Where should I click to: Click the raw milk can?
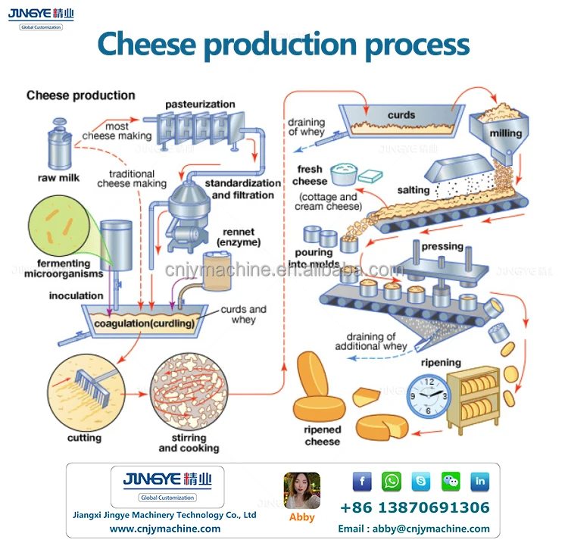(59, 144)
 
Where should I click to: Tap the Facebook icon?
(362, 482)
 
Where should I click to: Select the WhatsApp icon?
(392, 482)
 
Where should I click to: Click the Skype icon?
(421, 482)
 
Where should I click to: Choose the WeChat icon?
(451, 482)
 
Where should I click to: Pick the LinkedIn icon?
(480, 482)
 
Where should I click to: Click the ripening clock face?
(429, 396)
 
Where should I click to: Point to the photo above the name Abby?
(301, 490)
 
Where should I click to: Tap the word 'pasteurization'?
(200, 105)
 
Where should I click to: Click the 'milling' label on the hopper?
(506, 133)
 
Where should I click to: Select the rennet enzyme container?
(217, 272)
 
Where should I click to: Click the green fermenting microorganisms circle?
(58, 226)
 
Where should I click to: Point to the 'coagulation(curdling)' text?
(145, 323)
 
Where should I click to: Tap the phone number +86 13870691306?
(415, 507)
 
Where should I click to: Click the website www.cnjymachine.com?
(165, 529)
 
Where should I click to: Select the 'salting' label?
(414, 190)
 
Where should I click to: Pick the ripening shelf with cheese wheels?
(473, 397)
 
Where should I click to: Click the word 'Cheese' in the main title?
(147, 43)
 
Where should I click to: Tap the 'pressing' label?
(442, 246)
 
